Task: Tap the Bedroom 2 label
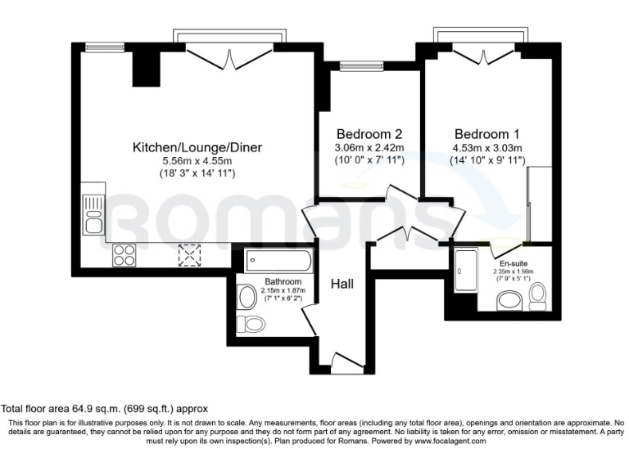coord(369,134)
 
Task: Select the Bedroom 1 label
coord(487,134)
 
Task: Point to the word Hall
coord(342,284)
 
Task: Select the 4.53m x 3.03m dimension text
coord(487,148)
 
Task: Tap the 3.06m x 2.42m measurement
coord(369,148)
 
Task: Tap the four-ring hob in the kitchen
coord(124,256)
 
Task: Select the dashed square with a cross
coord(190,256)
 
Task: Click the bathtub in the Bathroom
coord(278,262)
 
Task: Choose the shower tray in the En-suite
coord(468,270)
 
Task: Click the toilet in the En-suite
coord(538,295)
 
